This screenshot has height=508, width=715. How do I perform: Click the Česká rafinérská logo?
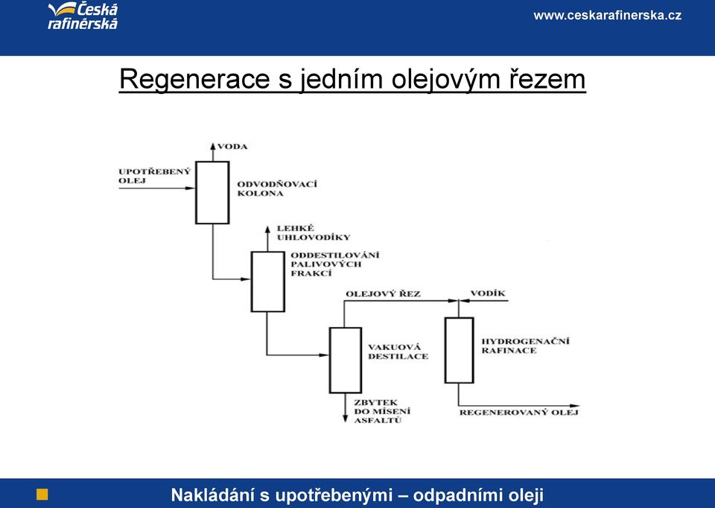coord(83,16)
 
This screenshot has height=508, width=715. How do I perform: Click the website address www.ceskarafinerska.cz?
coord(608,16)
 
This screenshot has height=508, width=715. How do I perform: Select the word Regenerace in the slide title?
coord(194,80)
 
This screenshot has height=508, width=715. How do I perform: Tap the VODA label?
coord(232,147)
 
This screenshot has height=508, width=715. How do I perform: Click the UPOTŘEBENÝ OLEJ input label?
coord(155,176)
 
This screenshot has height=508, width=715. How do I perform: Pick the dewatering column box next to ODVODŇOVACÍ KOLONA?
coord(212,192)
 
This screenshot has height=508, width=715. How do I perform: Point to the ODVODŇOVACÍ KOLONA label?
coord(277,188)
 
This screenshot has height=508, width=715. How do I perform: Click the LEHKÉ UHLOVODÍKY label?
coord(314,232)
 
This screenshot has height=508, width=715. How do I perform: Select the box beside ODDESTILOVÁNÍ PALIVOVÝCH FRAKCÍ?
coord(267,282)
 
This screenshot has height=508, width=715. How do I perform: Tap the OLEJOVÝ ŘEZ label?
coord(383,293)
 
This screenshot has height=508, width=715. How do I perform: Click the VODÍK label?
coord(488,293)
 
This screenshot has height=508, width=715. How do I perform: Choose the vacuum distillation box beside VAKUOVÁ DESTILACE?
coord(346,361)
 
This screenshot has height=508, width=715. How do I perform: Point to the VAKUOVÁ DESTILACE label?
coord(398,352)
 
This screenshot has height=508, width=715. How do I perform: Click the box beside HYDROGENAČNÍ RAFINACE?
coord(460,350)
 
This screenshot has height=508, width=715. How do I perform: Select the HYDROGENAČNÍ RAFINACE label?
coord(525,346)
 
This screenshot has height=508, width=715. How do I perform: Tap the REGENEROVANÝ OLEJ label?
coord(519,412)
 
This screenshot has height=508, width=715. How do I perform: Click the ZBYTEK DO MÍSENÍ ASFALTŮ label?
coord(382,411)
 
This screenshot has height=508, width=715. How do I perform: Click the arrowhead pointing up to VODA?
coord(212,146)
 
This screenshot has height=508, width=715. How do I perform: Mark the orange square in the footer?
coord(42,495)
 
